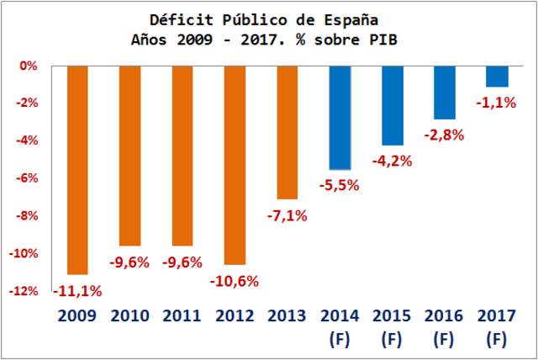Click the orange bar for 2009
click(x=77, y=170)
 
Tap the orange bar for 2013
click(x=287, y=132)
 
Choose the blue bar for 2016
click(x=445, y=93)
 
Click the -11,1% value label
click(x=77, y=291)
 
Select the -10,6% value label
click(x=235, y=281)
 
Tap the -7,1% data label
click(x=287, y=215)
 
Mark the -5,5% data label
click(x=340, y=185)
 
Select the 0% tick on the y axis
click(x=29, y=66)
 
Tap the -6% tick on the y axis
click(x=26, y=178)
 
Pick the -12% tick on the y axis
click(x=24, y=291)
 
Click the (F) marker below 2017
click(x=497, y=342)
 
